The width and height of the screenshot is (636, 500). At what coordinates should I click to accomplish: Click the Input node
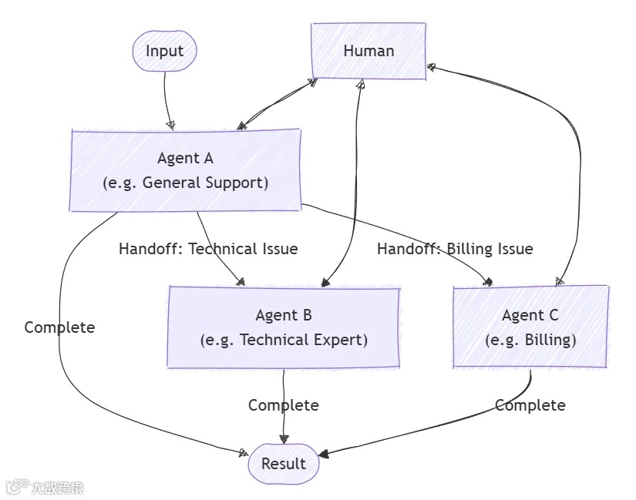pyautogui.click(x=164, y=51)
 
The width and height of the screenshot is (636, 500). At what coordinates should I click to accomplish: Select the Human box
pyautogui.click(x=368, y=51)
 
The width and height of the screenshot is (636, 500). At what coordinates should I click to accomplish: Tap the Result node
pyautogui.click(x=283, y=464)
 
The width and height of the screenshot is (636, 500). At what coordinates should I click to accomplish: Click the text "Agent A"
pyautogui.click(x=185, y=158)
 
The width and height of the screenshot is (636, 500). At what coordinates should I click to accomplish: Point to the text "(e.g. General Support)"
pyautogui.click(x=185, y=183)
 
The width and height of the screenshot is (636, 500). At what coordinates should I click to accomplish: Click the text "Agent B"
pyautogui.click(x=284, y=315)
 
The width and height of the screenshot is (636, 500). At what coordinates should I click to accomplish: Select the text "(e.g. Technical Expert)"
pyautogui.click(x=284, y=340)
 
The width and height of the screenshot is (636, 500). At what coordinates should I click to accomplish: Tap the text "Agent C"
pyautogui.click(x=530, y=315)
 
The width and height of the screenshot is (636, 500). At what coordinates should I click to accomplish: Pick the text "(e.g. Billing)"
pyautogui.click(x=530, y=340)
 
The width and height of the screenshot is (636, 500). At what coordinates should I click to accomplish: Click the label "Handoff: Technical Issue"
pyautogui.click(x=208, y=249)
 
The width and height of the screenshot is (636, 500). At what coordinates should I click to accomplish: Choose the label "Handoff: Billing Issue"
pyautogui.click(x=455, y=249)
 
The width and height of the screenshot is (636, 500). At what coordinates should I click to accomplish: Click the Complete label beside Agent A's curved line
pyautogui.click(x=59, y=327)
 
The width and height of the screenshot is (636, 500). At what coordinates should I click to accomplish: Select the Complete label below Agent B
pyautogui.click(x=283, y=405)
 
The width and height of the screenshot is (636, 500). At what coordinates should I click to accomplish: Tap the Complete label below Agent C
pyautogui.click(x=530, y=405)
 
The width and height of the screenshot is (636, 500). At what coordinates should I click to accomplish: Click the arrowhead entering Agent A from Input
pyautogui.click(x=170, y=124)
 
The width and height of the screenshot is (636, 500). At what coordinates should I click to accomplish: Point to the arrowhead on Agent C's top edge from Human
pyautogui.click(x=560, y=282)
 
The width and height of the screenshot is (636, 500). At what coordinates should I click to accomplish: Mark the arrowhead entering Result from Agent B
pyautogui.click(x=284, y=439)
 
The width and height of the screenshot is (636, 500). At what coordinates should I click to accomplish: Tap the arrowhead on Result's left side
pyautogui.click(x=244, y=453)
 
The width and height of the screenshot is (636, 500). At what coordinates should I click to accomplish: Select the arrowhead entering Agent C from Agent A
pyautogui.click(x=486, y=282)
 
